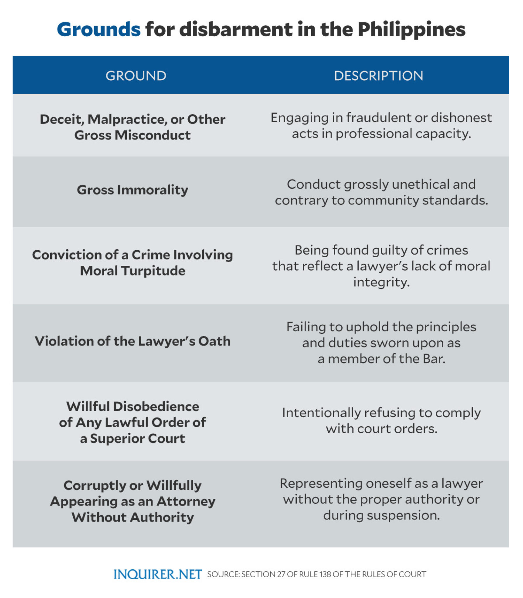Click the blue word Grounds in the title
(x=99, y=30)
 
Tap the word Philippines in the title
(x=411, y=30)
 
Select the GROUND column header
(x=136, y=76)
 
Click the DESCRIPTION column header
(x=378, y=76)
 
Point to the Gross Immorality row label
(x=133, y=190)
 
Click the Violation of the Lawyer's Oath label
(x=133, y=341)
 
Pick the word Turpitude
(x=153, y=271)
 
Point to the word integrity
(x=381, y=282)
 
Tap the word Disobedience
(x=156, y=406)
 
